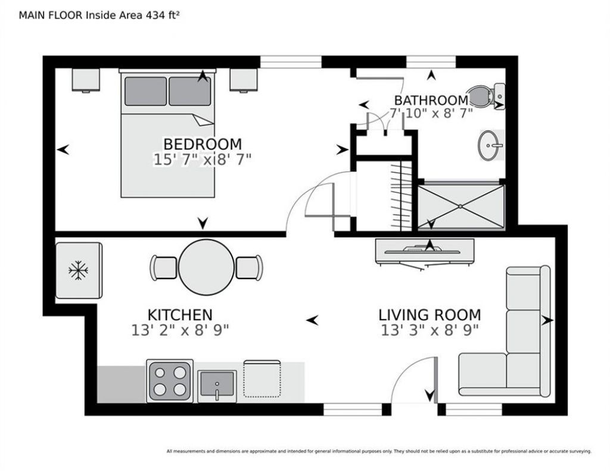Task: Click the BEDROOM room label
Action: (x=203, y=144)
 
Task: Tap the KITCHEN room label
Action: (x=180, y=315)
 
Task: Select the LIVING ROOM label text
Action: (x=430, y=315)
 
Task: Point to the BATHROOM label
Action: (x=431, y=100)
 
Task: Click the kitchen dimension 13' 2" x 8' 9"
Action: (x=180, y=330)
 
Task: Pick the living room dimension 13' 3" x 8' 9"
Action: (x=430, y=330)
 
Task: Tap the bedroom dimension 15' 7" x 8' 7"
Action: (x=203, y=160)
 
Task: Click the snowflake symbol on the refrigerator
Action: (x=78, y=271)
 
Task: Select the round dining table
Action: (x=207, y=267)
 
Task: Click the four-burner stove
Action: (x=170, y=381)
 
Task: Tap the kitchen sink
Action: (x=217, y=386)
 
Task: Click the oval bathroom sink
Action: (x=491, y=145)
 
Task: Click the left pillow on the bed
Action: (x=145, y=91)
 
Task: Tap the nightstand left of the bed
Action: (x=86, y=80)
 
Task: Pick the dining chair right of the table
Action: (x=250, y=268)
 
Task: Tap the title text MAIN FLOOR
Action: (x=51, y=15)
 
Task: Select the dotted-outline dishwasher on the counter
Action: (x=262, y=379)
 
